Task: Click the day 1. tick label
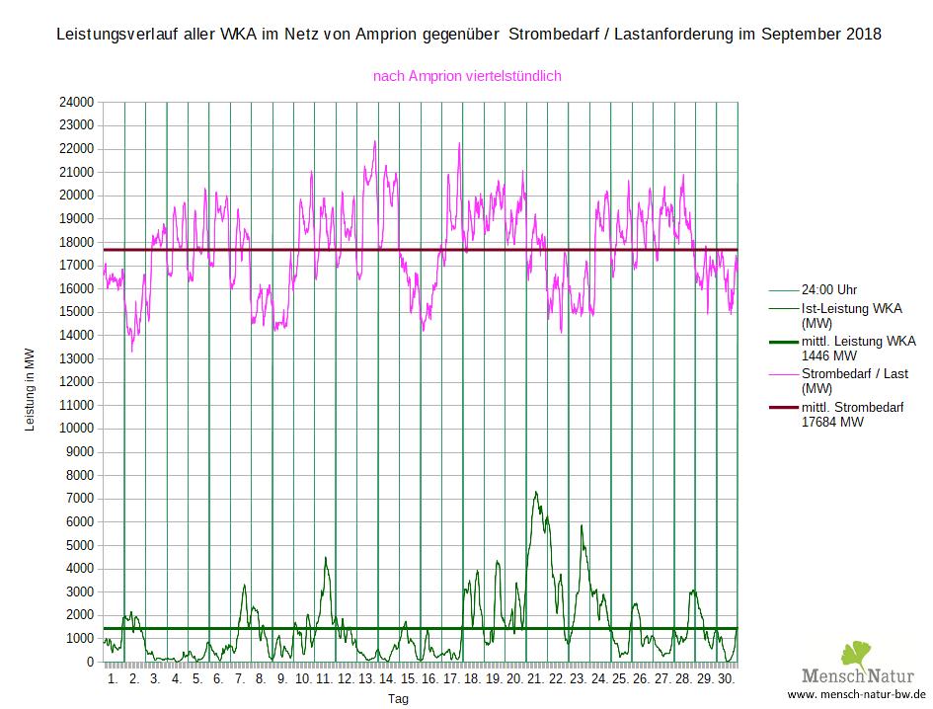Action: [x=113, y=679]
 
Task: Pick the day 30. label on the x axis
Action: [x=727, y=679]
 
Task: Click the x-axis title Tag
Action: [x=398, y=699]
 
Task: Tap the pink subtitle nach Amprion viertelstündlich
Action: [x=467, y=75]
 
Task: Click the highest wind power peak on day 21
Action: [x=535, y=492]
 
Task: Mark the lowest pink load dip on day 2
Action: [x=132, y=351]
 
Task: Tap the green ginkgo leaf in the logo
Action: [x=855, y=654]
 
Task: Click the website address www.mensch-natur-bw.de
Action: [x=856, y=695]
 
